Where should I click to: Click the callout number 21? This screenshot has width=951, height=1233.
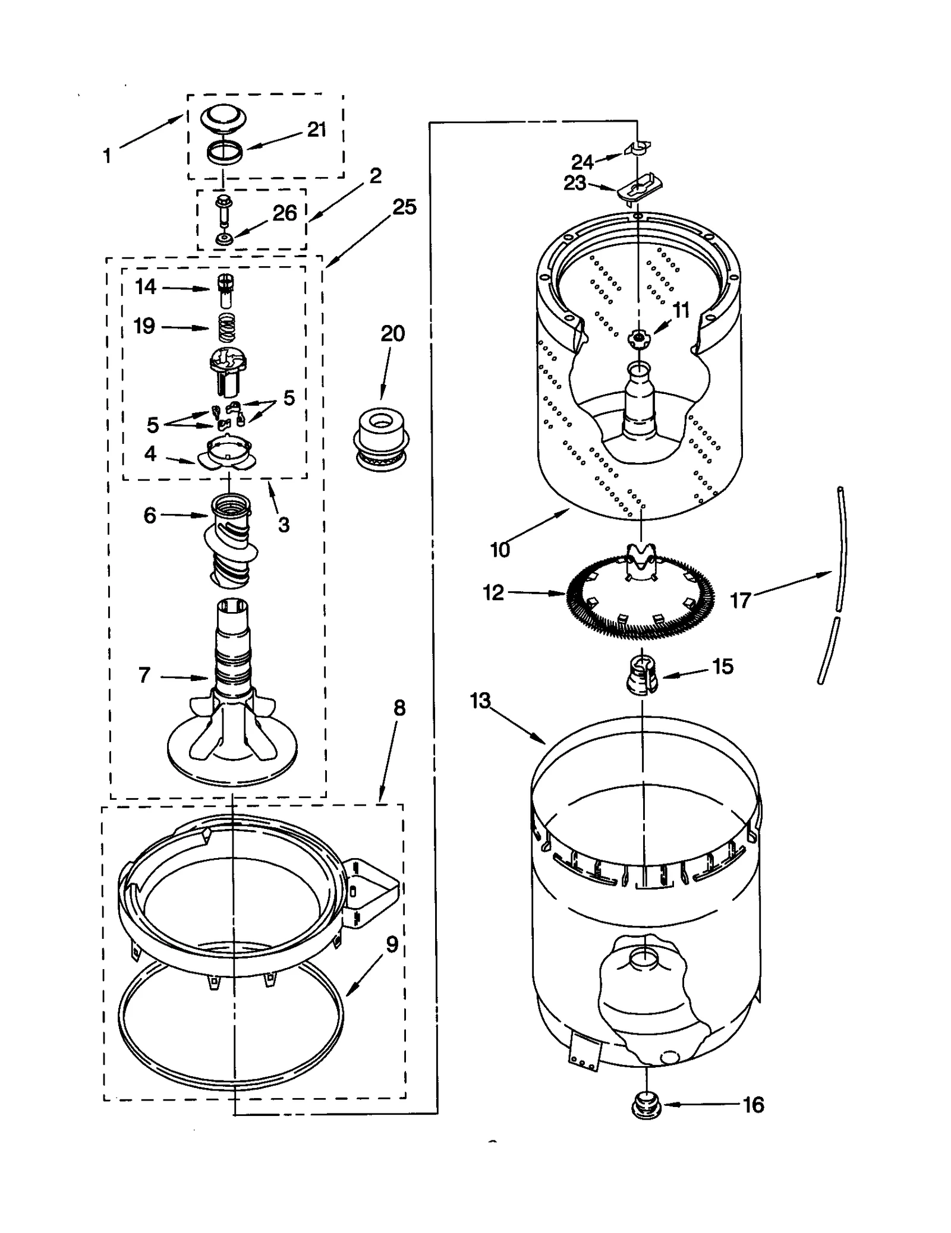(x=317, y=130)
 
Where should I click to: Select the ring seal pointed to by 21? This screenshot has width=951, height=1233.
(x=225, y=153)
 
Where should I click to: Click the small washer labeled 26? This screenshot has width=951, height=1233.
(x=224, y=239)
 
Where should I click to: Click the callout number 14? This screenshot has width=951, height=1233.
(x=146, y=287)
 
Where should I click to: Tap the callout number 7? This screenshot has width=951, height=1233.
(x=144, y=675)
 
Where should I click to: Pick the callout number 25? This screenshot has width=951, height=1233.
(x=404, y=207)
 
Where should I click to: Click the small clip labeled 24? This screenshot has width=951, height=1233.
(x=638, y=148)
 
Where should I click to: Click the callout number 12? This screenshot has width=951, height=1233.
(x=493, y=592)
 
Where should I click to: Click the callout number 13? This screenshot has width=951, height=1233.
(x=480, y=701)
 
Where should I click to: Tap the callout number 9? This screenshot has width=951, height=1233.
(x=392, y=945)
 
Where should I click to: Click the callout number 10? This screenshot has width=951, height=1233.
(x=500, y=550)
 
